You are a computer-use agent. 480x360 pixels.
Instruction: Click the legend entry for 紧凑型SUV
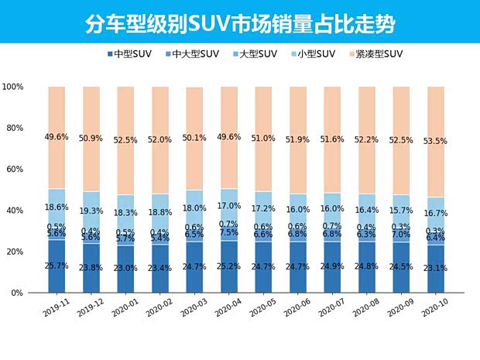pyautogui.click(x=376, y=54)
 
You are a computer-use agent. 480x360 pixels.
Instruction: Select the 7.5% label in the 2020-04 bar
pyautogui.click(x=230, y=232)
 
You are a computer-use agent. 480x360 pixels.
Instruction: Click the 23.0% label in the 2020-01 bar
pyautogui.click(x=126, y=268)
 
